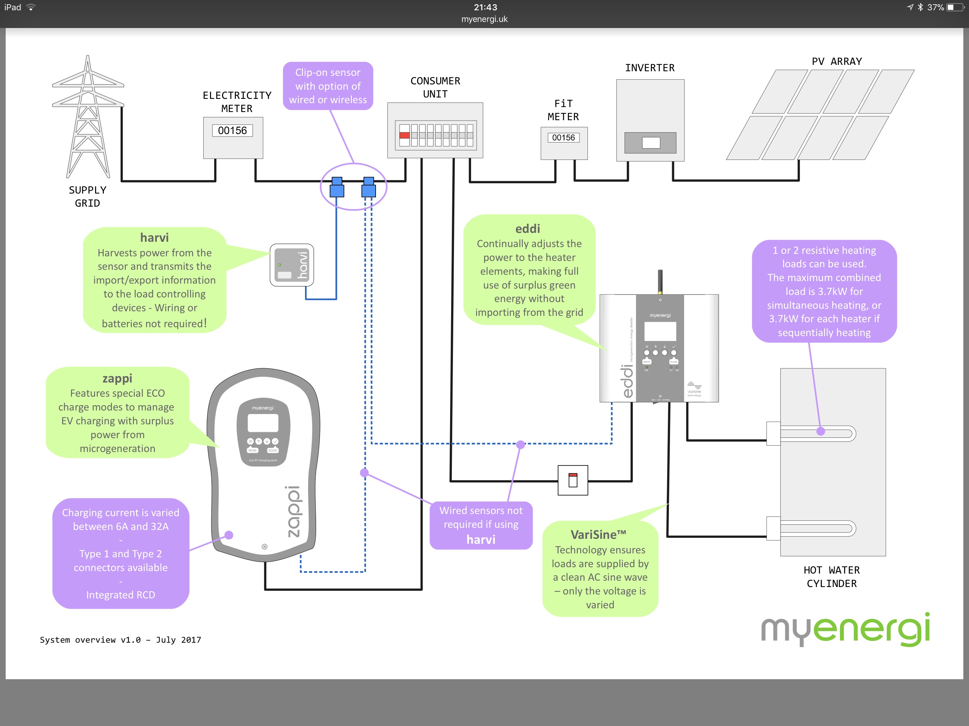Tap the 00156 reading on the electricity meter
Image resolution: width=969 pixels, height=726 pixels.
pyautogui.click(x=232, y=130)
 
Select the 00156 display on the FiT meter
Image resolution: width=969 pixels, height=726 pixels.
pyautogui.click(x=563, y=138)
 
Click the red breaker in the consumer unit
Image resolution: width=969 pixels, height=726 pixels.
pyautogui.click(x=404, y=135)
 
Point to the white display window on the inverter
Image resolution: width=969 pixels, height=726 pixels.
pyautogui.click(x=650, y=143)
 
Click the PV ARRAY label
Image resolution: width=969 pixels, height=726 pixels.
pyautogui.click(x=836, y=61)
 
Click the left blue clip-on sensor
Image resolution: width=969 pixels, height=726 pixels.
pyautogui.click(x=337, y=188)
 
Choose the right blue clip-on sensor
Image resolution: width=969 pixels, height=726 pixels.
pyautogui.click(x=369, y=188)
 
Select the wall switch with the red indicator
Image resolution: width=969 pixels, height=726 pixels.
pyautogui.click(x=572, y=480)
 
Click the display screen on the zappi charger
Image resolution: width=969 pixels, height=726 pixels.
pyautogui.click(x=263, y=423)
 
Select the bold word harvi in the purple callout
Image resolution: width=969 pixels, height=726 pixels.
pyautogui.click(x=481, y=540)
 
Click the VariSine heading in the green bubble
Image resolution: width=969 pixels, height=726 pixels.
pyautogui.click(x=598, y=535)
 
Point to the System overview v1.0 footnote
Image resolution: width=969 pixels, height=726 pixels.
pyautogui.click(x=121, y=640)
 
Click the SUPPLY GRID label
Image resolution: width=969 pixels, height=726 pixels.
pyautogui.click(x=88, y=197)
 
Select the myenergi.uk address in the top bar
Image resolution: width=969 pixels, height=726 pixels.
pyautogui.click(x=484, y=19)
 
